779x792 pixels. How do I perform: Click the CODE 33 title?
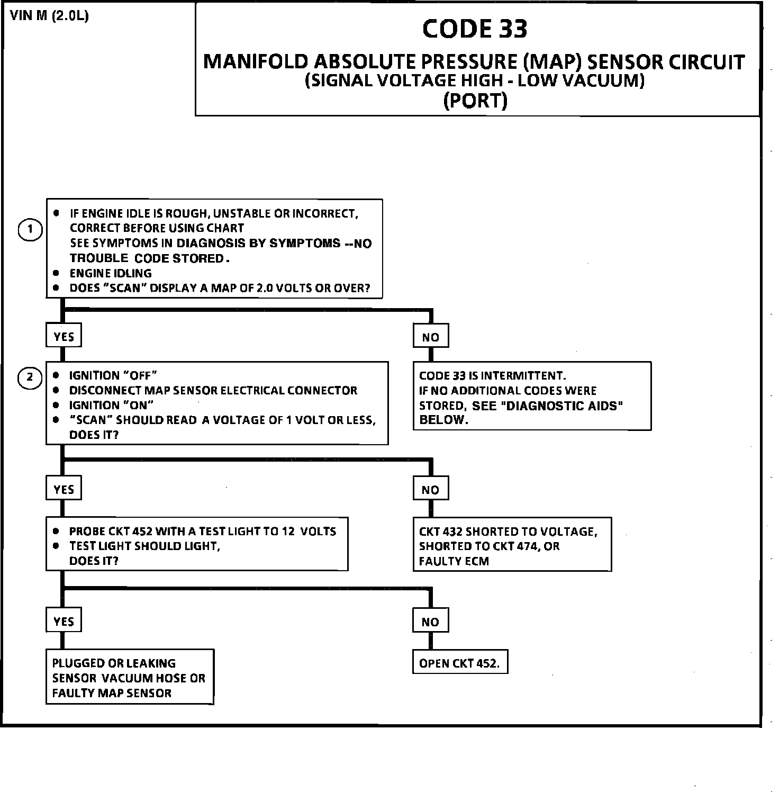(475, 29)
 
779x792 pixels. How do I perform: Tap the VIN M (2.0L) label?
(50, 16)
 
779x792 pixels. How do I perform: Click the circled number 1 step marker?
(30, 230)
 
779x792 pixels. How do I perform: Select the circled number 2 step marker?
(30, 377)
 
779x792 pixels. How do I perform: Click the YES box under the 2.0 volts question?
(64, 337)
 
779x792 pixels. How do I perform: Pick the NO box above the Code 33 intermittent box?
(430, 337)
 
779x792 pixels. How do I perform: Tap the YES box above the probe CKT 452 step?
(64, 489)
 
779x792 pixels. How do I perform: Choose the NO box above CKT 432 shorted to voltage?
(430, 490)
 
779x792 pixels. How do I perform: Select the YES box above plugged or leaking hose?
(64, 621)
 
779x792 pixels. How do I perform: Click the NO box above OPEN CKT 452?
(430, 622)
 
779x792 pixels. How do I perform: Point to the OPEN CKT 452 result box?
(459, 663)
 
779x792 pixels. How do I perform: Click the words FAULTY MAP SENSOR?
(112, 693)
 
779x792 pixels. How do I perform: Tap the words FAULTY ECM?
(454, 561)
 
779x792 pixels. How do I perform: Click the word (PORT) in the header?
(475, 100)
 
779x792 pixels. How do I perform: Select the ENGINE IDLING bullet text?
(111, 273)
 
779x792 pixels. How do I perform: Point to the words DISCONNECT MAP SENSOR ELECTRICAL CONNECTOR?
(213, 391)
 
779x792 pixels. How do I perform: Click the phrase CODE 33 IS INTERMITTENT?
(492, 376)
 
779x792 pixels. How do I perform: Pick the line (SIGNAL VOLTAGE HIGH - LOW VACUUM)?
(475, 81)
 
